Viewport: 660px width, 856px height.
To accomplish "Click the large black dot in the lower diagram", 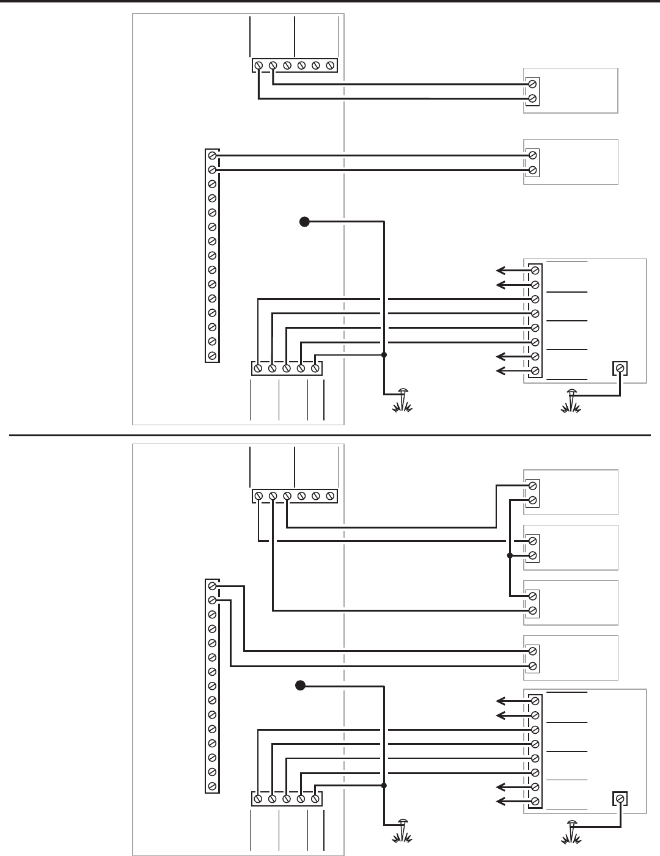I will [x=299, y=685].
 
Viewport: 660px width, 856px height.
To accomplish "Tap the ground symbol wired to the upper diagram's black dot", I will [x=402, y=400].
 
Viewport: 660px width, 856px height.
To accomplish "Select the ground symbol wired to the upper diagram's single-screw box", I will [x=572, y=400].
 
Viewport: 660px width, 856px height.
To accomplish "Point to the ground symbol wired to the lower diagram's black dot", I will [x=402, y=830].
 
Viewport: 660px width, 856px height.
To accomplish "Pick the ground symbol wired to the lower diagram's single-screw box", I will [x=572, y=830].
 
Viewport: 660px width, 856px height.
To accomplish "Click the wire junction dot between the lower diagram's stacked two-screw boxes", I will [x=509, y=555].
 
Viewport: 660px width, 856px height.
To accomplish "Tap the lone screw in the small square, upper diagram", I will [x=620, y=368].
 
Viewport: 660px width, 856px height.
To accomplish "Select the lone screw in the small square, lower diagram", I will [x=620, y=799].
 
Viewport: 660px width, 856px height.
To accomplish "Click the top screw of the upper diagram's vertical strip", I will [x=212, y=155].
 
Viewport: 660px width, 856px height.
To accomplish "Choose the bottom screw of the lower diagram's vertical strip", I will [x=212, y=786].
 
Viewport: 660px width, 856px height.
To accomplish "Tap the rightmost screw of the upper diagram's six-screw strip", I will [x=330, y=65].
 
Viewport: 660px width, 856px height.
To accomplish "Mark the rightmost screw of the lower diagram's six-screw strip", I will [x=330, y=496].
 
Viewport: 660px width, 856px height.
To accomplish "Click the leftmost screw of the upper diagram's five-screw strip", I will [x=258, y=368].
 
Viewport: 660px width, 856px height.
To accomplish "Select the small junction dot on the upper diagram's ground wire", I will [x=384, y=354].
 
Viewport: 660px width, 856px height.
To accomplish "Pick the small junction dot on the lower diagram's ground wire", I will [x=384, y=785].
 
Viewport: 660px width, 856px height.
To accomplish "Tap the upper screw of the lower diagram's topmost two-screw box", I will [x=533, y=486].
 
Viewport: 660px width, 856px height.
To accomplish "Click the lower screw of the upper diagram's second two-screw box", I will [x=533, y=170].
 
